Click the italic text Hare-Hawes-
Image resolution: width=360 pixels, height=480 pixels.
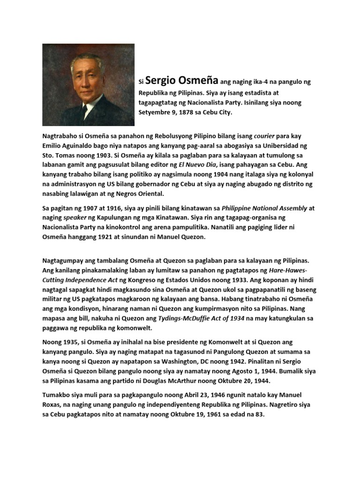coord(288,270)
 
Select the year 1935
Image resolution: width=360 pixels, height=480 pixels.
coord(73,342)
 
